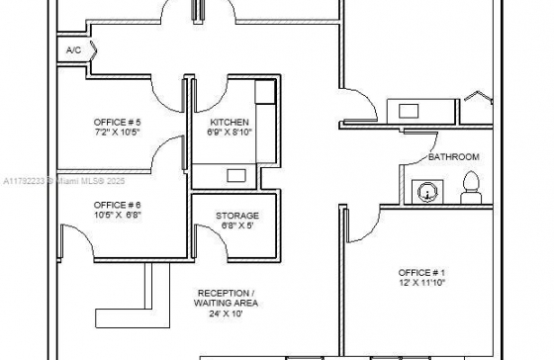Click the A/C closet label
73,50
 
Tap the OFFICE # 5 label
117,123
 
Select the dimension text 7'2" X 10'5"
117,133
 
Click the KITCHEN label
230,123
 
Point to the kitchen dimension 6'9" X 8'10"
230,133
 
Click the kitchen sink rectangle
236,176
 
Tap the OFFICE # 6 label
117,205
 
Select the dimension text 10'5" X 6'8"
118,215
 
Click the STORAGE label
237,216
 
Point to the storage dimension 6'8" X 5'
237,225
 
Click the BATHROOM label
454,157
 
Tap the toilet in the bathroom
471,188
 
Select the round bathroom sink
427,193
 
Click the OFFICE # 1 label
421,273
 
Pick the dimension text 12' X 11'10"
421,283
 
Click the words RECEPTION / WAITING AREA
226,298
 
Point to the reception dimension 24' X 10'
226,314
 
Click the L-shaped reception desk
148,317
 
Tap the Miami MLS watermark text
63,181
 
